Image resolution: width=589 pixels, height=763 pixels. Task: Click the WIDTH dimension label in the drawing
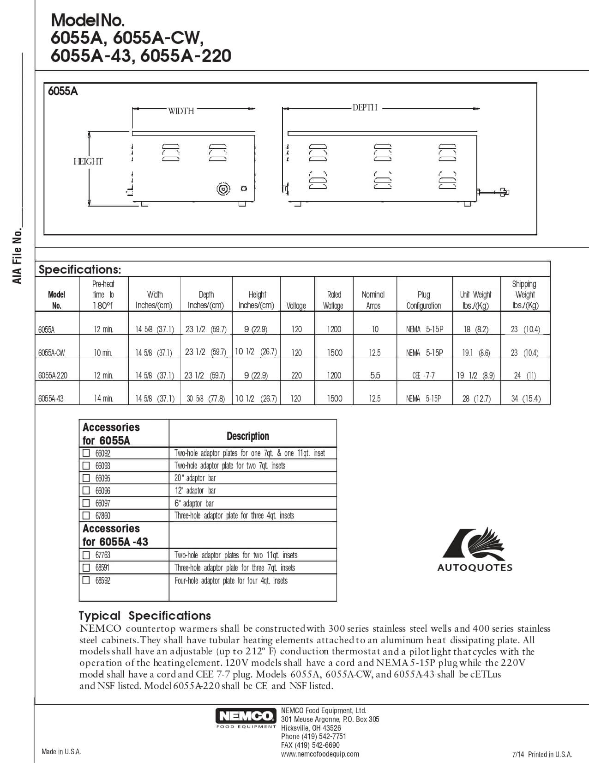(181, 111)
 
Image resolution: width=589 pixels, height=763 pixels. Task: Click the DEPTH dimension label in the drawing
(365, 108)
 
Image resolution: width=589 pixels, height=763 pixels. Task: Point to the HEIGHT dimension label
(88, 161)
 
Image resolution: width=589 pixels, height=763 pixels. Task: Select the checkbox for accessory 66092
(86, 453)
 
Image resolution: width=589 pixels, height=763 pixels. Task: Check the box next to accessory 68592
(86, 580)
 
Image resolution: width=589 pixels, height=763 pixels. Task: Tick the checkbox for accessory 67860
(86, 515)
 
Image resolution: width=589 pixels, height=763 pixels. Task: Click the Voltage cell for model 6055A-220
(296, 375)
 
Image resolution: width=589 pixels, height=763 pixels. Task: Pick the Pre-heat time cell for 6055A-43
(103, 398)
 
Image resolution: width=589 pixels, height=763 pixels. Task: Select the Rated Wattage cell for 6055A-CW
(334, 353)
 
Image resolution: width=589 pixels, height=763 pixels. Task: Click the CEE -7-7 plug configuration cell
(424, 375)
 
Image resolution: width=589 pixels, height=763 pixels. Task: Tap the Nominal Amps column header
(373, 299)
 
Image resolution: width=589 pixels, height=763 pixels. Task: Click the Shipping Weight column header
(525, 294)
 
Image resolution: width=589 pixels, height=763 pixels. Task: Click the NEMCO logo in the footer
(246, 718)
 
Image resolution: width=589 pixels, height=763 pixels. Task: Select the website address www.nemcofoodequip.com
(319, 754)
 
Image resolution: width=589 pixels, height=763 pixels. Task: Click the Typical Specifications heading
(144, 616)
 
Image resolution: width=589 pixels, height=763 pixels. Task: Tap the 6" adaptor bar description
(194, 503)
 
